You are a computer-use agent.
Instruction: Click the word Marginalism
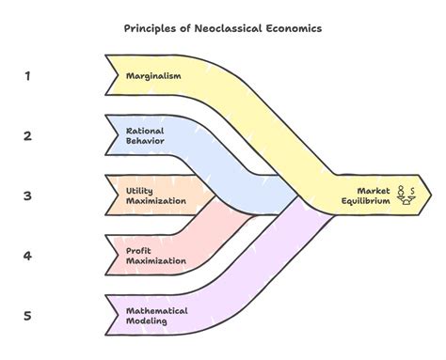(154, 75)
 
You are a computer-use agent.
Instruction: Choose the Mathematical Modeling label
(157, 316)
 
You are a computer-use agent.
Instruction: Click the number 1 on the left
(27, 75)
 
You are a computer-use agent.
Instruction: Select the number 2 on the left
(27, 135)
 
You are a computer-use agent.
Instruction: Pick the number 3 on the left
(27, 196)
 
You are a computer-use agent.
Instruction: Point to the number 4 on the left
(27, 256)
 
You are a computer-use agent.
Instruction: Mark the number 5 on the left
(27, 316)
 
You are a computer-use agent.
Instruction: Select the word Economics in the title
(292, 28)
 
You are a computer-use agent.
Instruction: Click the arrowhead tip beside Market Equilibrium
(431, 195)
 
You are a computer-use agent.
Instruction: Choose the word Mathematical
(157, 310)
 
